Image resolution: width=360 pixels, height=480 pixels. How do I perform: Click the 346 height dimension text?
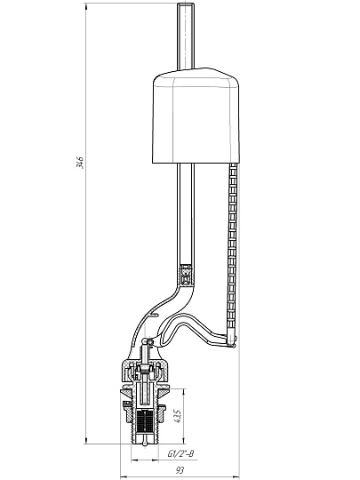click(x=80, y=162)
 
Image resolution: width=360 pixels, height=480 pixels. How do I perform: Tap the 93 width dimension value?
click(x=180, y=469)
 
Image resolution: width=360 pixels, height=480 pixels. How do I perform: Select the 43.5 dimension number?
click(x=177, y=417)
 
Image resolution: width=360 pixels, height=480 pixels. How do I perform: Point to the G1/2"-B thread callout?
click(x=180, y=453)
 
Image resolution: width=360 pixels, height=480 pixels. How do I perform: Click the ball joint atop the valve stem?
click(x=146, y=341)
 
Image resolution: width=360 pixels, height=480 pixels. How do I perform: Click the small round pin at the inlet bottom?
click(x=145, y=443)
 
